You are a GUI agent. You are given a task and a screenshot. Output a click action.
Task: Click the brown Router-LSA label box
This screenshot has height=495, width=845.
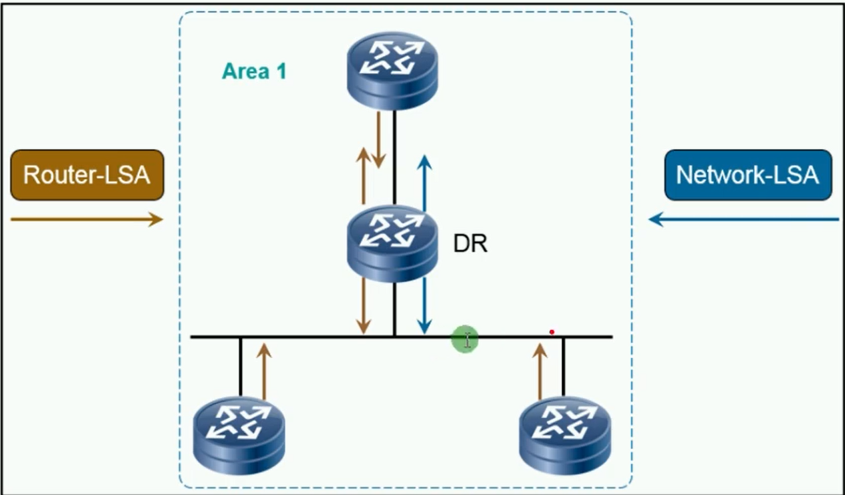[87, 175]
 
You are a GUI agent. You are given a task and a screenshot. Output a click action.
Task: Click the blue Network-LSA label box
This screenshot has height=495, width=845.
[747, 176]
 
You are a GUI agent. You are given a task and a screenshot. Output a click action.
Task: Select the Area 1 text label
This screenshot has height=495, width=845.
[254, 71]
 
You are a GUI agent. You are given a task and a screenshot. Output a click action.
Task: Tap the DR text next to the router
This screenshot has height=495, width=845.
[471, 244]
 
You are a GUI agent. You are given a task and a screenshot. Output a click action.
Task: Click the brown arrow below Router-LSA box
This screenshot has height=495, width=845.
[87, 219]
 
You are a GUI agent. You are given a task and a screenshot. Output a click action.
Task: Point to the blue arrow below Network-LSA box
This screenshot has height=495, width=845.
[744, 219]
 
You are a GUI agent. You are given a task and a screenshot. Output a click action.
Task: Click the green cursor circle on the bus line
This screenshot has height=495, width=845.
[465, 339]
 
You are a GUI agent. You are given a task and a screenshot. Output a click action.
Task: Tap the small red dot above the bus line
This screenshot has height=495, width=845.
[552, 332]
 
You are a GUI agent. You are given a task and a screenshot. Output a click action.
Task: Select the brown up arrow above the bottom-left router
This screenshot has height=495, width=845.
[265, 371]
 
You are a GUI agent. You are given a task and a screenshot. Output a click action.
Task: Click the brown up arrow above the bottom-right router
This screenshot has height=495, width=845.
[540, 371]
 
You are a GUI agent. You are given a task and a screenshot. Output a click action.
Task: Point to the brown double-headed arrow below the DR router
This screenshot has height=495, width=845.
[363, 305]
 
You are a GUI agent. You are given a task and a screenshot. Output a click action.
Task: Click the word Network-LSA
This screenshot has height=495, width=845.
[747, 176]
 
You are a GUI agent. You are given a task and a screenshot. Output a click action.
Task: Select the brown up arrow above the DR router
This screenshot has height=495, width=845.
[363, 175]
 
